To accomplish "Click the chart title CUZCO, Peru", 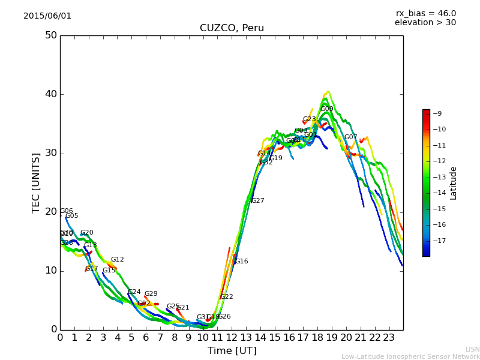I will [232, 28].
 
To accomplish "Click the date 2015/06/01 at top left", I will [47, 16].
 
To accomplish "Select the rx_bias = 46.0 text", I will [425, 14].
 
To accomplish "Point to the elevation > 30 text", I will [425, 23].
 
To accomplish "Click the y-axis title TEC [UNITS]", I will [37, 182].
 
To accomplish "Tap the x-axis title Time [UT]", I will [232, 351].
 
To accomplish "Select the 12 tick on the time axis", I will [232, 338].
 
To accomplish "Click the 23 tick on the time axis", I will [389, 338].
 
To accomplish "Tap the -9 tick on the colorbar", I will [437, 113].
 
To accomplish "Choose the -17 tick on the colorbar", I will [439, 241].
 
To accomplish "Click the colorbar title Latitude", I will [453, 183].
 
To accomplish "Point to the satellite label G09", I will [327, 109].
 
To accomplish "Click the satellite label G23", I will [309, 119].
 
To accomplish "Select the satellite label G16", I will [241, 262].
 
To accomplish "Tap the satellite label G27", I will [257, 201].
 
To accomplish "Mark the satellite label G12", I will [118, 260].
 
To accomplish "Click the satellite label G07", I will [350, 137].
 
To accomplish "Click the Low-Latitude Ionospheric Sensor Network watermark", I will [410, 357].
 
